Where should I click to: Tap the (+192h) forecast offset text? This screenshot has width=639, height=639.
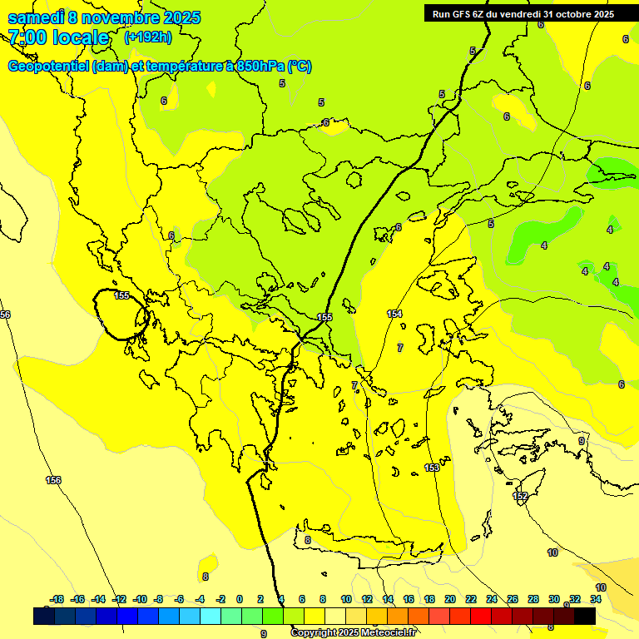pos(147,37)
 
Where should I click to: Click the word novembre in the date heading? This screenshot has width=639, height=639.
pos(121,18)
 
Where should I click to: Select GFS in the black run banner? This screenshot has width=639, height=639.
pos(460,13)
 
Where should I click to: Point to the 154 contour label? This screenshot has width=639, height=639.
pos(394,314)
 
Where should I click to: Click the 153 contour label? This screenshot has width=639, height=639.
pos(432,468)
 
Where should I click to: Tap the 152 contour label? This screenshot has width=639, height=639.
pos(520,496)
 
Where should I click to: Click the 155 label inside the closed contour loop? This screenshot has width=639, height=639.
pos(121,295)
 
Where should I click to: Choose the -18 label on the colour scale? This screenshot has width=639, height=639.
pos(57,599)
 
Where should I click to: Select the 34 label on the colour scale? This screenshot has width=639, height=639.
pos(596,599)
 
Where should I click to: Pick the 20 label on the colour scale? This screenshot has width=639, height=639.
pos(449,599)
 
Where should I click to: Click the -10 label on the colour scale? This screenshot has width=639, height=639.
pos(139,599)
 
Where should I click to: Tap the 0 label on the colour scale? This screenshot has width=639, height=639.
pos(240,599)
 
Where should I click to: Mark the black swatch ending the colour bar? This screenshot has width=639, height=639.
pos(585,616)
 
